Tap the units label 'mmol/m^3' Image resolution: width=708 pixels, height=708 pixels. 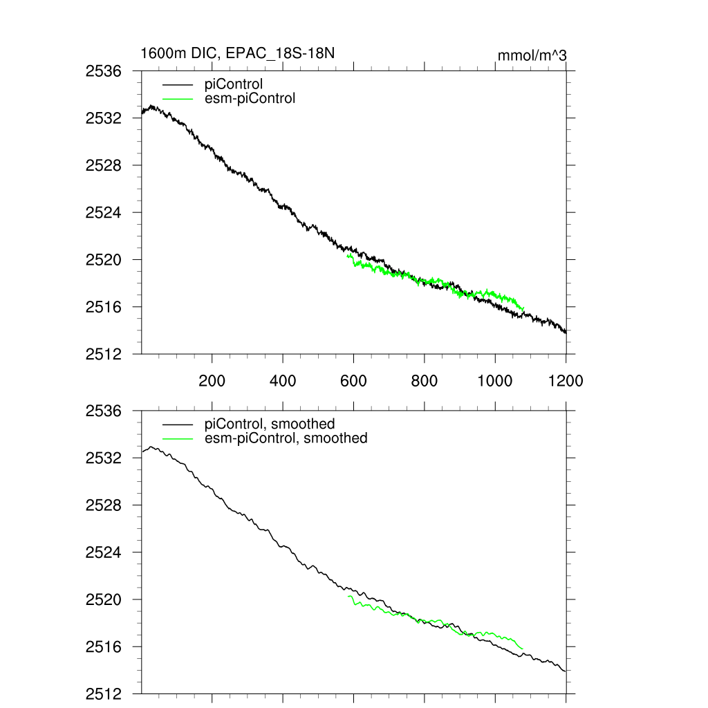point(532,55)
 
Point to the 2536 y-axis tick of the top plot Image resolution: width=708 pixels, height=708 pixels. point(103,71)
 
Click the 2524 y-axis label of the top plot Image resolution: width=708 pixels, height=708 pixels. point(103,212)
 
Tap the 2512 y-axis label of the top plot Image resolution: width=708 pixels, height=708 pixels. point(103,353)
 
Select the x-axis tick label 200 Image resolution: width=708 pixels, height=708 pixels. point(212,380)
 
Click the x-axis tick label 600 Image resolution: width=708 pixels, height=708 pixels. point(353,380)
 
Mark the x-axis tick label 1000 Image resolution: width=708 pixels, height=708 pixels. point(495,380)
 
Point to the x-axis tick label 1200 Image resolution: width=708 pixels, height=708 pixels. point(566,380)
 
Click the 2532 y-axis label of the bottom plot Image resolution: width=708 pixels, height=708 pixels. point(103,458)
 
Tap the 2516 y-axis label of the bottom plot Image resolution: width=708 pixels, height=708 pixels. point(103,646)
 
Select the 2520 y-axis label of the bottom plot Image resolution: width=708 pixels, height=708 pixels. point(103,599)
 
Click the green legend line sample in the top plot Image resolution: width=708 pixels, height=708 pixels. point(177,98)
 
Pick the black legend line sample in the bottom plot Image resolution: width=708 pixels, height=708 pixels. point(177,424)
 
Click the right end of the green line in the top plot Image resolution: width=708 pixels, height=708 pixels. point(524,308)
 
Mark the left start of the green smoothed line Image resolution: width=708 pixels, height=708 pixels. point(348,596)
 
